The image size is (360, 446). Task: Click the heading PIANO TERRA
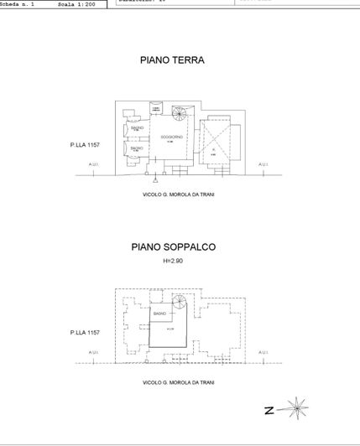(x=172, y=60)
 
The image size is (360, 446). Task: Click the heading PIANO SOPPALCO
(x=174, y=247)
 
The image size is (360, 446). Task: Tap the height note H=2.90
(x=173, y=262)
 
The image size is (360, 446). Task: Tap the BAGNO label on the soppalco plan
(x=159, y=313)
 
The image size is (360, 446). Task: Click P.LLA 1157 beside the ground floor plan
(x=85, y=145)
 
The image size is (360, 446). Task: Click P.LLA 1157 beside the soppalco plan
(x=85, y=333)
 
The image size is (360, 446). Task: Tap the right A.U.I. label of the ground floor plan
(x=263, y=164)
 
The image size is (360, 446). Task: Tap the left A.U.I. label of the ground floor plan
(x=93, y=164)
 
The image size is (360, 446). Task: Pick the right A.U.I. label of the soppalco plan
(x=263, y=352)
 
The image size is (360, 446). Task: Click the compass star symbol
(x=295, y=411)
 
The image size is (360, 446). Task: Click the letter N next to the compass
(x=269, y=411)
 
